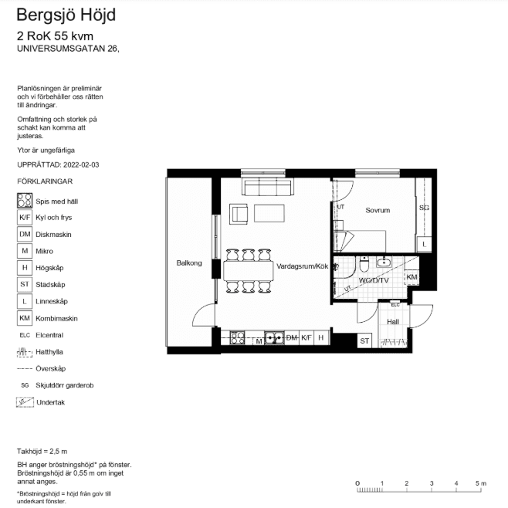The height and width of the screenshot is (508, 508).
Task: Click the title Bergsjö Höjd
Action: [x=66, y=15]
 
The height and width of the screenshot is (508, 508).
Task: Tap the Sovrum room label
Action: [x=378, y=210]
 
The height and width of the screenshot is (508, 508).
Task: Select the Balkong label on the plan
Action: [x=189, y=263]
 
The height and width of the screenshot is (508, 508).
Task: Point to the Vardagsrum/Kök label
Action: [x=303, y=266]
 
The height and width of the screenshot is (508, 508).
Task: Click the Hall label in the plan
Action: [x=393, y=322]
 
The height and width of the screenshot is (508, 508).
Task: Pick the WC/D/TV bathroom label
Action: [x=374, y=280]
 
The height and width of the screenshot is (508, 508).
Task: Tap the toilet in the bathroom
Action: [x=364, y=264]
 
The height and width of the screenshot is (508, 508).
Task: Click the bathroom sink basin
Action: [x=384, y=262]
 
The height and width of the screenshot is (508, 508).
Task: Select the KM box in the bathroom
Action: [x=411, y=277]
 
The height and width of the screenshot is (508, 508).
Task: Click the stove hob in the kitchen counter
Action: [x=237, y=337]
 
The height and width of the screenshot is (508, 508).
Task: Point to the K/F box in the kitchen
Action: [x=306, y=337]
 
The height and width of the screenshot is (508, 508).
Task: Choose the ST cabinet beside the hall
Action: [x=364, y=340]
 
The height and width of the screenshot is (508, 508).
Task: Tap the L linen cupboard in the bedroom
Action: [x=424, y=244]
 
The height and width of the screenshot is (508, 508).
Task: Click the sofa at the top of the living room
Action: [x=268, y=187]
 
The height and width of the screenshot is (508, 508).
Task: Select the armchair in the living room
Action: [x=239, y=214]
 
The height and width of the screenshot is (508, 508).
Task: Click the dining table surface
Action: [x=249, y=271]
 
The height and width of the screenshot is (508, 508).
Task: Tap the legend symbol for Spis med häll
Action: [x=25, y=201]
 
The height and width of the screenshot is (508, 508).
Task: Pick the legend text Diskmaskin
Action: [x=53, y=235]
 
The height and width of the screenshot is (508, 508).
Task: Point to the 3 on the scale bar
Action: [x=432, y=483]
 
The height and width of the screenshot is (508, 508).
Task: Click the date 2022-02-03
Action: [x=81, y=164]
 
